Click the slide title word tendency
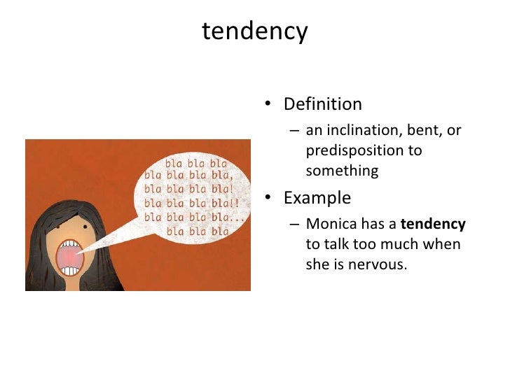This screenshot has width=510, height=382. pyautogui.click(x=254, y=31)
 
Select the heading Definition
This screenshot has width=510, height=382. pyautogui.click(x=322, y=105)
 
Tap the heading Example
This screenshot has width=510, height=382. pyautogui.click(x=317, y=198)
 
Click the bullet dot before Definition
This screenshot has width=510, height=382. pyautogui.click(x=268, y=106)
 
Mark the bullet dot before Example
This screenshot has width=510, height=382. pyautogui.click(x=268, y=199)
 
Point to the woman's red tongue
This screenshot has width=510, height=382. pyautogui.click(x=71, y=261)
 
